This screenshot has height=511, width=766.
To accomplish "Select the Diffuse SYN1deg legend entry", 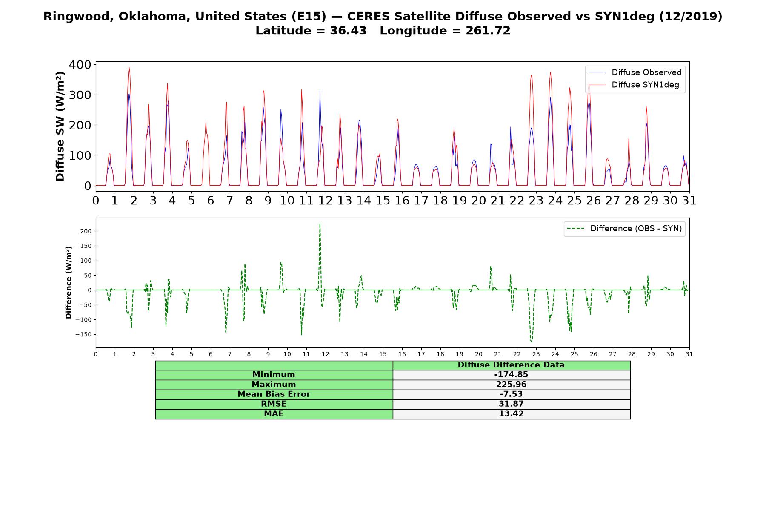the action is click(x=634, y=85).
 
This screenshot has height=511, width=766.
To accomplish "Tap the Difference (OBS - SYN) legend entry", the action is click(x=625, y=229).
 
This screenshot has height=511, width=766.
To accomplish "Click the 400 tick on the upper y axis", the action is click(x=80, y=65).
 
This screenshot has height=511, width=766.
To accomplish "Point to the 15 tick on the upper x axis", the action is click(x=383, y=200).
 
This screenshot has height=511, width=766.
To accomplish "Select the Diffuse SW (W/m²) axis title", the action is click(x=60, y=126).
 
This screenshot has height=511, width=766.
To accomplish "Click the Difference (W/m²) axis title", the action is click(x=69, y=283).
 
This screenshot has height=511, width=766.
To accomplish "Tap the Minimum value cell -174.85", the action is click(x=511, y=375).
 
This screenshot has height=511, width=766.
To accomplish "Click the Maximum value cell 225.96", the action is click(x=511, y=385).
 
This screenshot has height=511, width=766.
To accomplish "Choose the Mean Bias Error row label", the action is click(x=274, y=394).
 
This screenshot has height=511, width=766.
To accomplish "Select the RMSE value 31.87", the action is click(x=511, y=404).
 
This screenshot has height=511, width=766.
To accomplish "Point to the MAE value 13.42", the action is click(x=511, y=414).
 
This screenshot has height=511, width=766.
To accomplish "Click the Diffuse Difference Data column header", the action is click(x=511, y=365).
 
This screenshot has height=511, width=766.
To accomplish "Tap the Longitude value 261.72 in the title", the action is click(x=488, y=31).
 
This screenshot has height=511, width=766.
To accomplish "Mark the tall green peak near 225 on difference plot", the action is click(x=320, y=224).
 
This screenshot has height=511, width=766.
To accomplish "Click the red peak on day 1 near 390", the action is click(x=129, y=67).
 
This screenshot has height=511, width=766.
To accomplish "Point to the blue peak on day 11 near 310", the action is click(x=320, y=91).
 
